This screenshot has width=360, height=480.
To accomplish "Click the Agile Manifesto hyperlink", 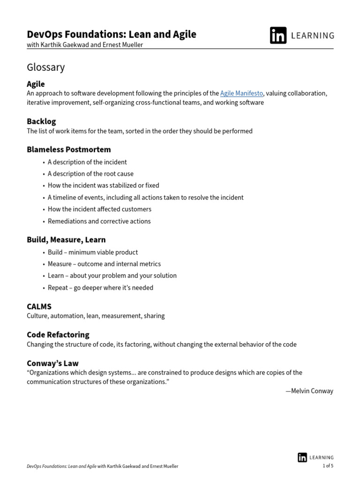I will click(241, 93).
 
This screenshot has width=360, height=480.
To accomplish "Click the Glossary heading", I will click(46, 67).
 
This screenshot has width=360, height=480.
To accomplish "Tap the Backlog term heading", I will click(41, 121).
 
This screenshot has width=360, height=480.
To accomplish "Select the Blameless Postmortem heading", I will click(69, 150).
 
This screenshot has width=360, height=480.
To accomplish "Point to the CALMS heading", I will click(39, 307).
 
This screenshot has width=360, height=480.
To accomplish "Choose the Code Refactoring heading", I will click(58, 335).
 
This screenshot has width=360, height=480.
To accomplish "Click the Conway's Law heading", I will click(52, 363).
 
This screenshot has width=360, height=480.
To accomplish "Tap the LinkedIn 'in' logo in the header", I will click(278, 35).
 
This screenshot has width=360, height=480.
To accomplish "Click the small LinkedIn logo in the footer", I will click(302, 457).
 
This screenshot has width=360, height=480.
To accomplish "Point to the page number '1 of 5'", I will click(328, 466).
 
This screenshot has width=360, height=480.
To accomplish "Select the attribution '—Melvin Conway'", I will click(309, 391).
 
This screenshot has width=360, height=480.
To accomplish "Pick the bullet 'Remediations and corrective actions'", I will click(99, 221).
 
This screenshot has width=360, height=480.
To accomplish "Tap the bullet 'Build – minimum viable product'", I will click(93, 252).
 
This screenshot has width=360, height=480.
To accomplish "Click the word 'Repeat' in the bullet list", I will click(57, 288).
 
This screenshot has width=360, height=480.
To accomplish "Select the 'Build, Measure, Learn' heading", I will click(66, 240).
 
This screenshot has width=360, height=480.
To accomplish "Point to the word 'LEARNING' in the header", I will click(313, 36).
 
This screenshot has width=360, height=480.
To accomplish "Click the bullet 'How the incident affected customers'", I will click(99, 209).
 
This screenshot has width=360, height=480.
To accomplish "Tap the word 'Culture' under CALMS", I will click(37, 316).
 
